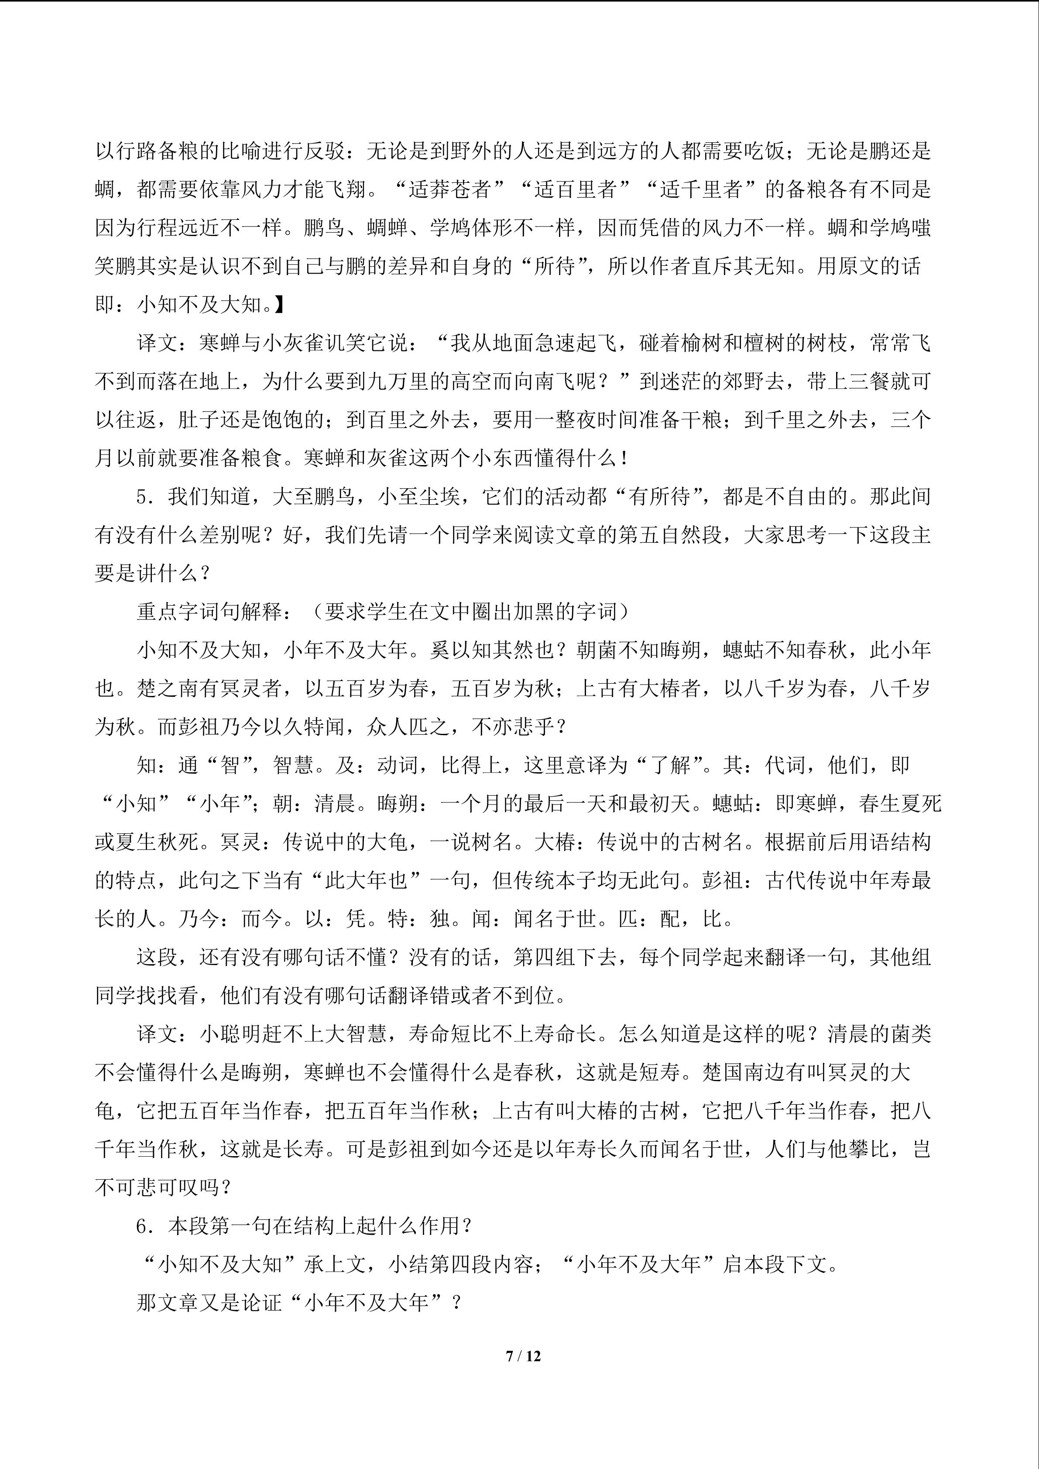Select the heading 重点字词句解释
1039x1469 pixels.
(210, 612)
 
